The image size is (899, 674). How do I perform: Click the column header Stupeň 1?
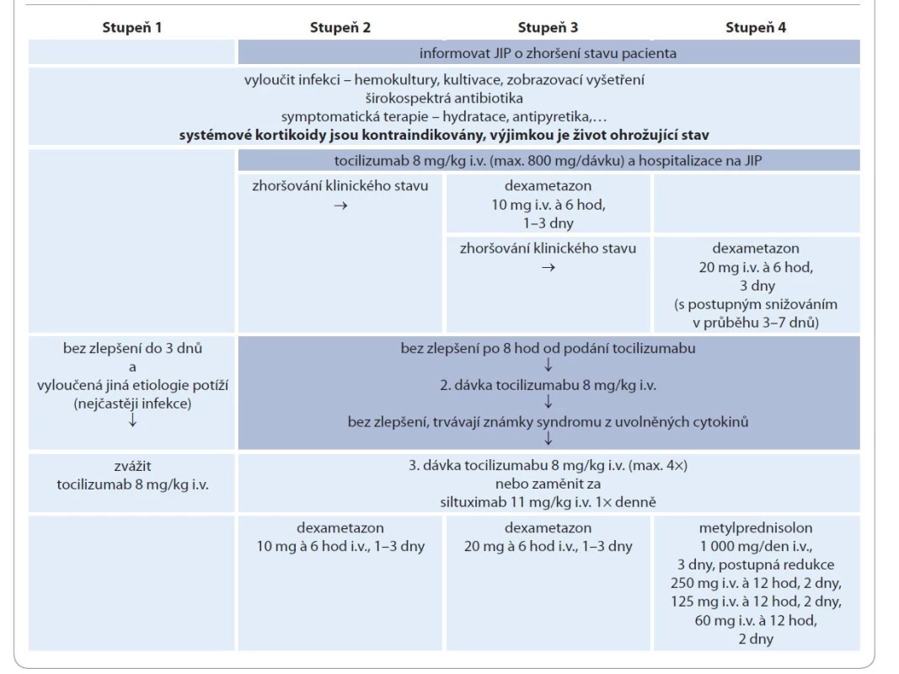(132, 28)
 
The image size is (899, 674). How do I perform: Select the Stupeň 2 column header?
(340, 28)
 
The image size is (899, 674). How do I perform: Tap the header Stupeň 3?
(548, 28)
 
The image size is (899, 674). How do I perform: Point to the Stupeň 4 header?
(756, 28)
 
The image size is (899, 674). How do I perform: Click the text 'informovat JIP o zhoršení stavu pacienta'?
(548, 53)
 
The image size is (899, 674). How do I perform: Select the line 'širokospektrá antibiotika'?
(444, 98)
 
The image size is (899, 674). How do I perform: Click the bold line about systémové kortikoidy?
(444, 136)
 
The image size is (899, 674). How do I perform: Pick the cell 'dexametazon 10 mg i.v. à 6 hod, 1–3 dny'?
(548, 204)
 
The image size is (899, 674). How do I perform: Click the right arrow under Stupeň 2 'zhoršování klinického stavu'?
(340, 206)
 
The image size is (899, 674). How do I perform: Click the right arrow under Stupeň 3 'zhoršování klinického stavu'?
(548, 267)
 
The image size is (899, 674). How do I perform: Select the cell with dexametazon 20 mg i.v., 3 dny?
(756, 286)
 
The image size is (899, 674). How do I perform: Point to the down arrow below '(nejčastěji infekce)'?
(132, 420)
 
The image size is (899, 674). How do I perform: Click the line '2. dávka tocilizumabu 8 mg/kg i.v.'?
(548, 385)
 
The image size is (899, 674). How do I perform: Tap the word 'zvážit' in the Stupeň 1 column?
(132, 466)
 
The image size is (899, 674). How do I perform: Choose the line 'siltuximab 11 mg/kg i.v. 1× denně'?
(548, 503)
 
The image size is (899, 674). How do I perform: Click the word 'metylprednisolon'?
(756, 528)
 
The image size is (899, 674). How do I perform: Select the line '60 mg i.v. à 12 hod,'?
(756, 620)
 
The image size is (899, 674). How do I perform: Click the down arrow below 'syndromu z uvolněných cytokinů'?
(548, 438)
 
